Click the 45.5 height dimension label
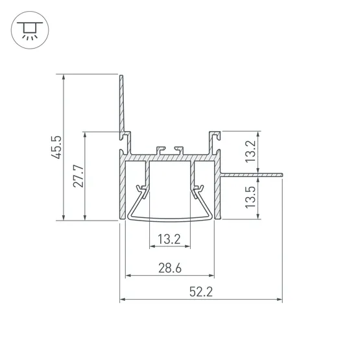56,147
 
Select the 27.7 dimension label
78,176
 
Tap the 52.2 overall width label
201,292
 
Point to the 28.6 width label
170,268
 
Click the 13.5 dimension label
250,197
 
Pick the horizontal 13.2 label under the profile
169,239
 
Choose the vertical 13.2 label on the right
250,151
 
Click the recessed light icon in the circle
30,30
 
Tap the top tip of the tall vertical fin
121,75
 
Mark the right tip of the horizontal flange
282,175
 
